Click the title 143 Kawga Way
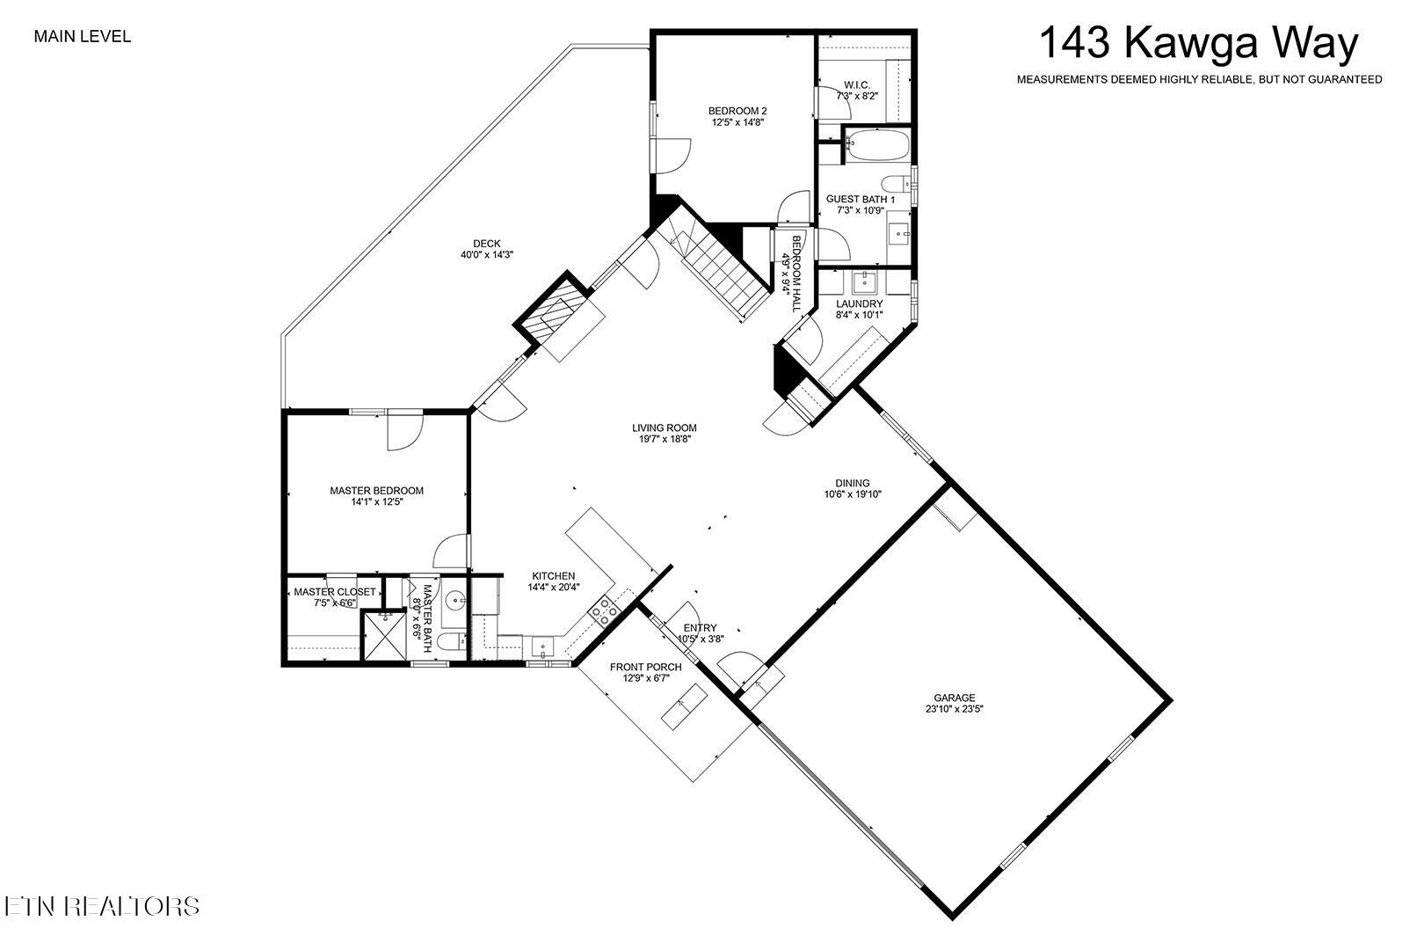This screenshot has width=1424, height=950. pyautogui.click(x=1199, y=43)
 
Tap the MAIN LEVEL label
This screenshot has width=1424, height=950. pyautogui.click(x=82, y=37)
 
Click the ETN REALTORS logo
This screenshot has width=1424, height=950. pyautogui.click(x=101, y=906)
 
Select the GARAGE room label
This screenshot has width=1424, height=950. pyautogui.click(x=954, y=698)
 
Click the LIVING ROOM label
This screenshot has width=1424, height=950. pyautogui.click(x=664, y=428)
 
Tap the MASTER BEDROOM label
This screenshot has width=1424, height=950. pyautogui.click(x=376, y=491)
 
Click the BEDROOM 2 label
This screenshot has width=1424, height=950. pyautogui.click(x=737, y=111)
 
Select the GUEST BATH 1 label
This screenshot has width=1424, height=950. pyautogui.click(x=860, y=200)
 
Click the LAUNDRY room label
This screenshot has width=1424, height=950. pyautogui.click(x=859, y=304)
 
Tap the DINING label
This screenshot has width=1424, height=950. pyautogui.click(x=852, y=483)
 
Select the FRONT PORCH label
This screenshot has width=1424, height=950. pyautogui.click(x=645, y=667)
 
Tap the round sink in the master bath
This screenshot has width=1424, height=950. pyautogui.click(x=455, y=602)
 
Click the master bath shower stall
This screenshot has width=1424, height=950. pyautogui.click(x=387, y=636)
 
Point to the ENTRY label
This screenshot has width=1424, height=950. pyautogui.click(x=700, y=628)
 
